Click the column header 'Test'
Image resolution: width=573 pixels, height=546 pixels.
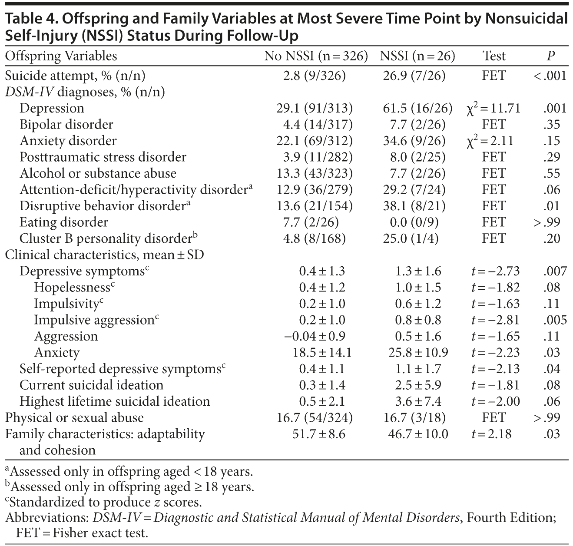click(494, 56)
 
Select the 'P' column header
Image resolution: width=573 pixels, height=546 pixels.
click(550, 56)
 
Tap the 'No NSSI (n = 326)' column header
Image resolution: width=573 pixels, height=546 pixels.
click(316, 56)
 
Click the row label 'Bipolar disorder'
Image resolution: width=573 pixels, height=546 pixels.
click(66, 125)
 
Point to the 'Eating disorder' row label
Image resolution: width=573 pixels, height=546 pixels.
click(64, 222)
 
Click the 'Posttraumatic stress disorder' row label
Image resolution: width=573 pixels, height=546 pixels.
click(103, 157)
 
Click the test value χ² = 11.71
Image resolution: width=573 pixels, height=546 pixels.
click(493, 108)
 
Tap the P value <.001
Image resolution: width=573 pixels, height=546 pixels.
click(550, 76)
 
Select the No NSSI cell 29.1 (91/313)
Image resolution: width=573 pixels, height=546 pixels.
click(315, 108)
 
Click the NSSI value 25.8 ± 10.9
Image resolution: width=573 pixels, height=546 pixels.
click(418, 353)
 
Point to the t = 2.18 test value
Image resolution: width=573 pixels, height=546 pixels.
click(491, 434)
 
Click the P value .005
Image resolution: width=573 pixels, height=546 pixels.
click(555, 320)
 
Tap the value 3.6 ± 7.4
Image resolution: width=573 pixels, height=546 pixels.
click(418, 401)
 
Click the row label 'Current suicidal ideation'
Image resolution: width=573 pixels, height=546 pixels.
click(91, 385)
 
